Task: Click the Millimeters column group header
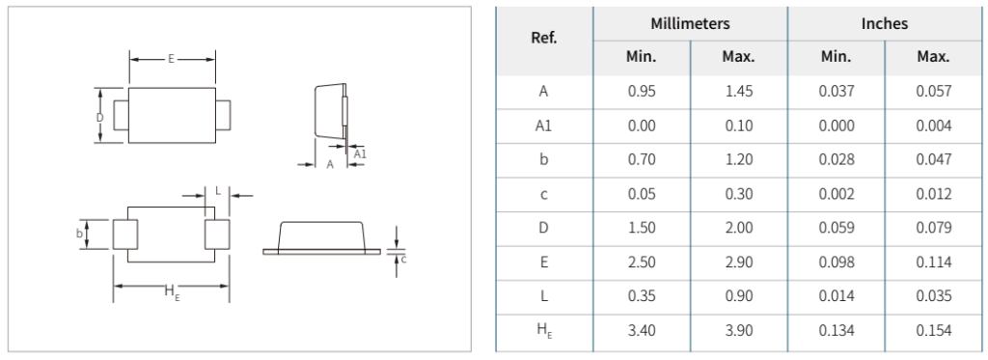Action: (x=690, y=24)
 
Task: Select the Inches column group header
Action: (x=885, y=24)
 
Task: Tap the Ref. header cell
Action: (x=544, y=38)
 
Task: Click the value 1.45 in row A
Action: (x=739, y=92)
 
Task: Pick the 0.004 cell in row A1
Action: (x=933, y=125)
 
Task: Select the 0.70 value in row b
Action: (x=642, y=159)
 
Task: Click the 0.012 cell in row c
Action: (x=933, y=194)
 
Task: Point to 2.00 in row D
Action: (x=739, y=228)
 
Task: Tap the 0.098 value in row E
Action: (x=837, y=262)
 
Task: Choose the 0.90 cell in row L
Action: (x=739, y=295)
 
